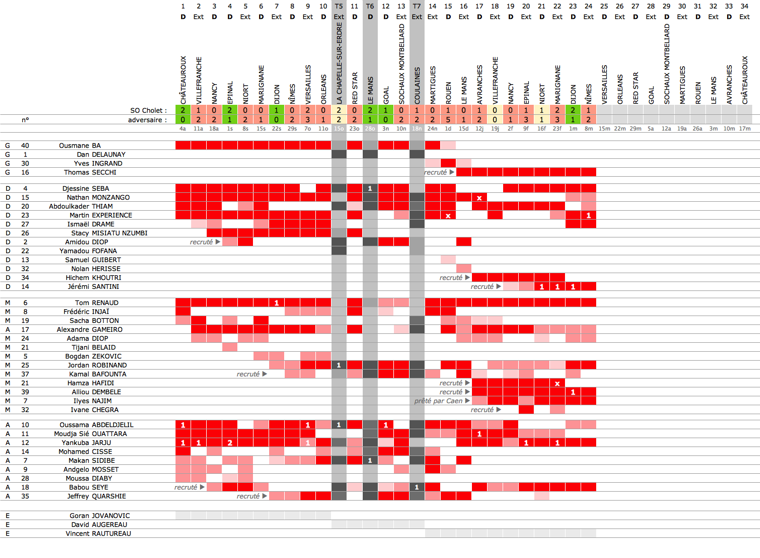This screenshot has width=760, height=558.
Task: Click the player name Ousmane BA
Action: pyautogui.click(x=80, y=145)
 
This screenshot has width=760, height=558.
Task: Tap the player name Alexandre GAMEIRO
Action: pyautogui.click(x=89, y=329)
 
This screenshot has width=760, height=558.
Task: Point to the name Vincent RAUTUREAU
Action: pyautogui.click(x=98, y=533)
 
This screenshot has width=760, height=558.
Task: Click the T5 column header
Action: pyautogui.click(x=339, y=6)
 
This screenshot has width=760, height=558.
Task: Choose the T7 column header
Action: pyautogui.click(x=417, y=6)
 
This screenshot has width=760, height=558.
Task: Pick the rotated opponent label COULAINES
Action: pyautogui.click(x=417, y=85)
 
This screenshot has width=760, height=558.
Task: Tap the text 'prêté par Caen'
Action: pyautogui.click(x=439, y=401)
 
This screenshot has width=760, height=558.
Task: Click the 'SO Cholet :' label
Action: pyautogui.click(x=148, y=110)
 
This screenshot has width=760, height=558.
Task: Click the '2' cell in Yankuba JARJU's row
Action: pyautogui.click(x=230, y=443)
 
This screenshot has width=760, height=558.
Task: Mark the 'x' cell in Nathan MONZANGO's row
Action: pyautogui.click(x=479, y=197)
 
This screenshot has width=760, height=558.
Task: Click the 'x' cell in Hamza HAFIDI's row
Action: pyautogui.click(x=557, y=383)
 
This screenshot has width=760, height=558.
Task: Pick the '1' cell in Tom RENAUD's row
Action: pyautogui.click(x=276, y=303)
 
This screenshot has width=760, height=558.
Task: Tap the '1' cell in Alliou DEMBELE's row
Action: pyautogui.click(x=573, y=392)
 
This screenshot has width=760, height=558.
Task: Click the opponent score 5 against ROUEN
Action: pyautogui.click(x=448, y=119)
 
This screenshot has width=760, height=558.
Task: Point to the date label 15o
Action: pyautogui.click(x=339, y=129)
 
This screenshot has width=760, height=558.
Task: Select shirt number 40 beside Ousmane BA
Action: pyautogui.click(x=25, y=145)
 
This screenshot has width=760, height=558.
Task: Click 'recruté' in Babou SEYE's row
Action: pyautogui.click(x=186, y=487)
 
